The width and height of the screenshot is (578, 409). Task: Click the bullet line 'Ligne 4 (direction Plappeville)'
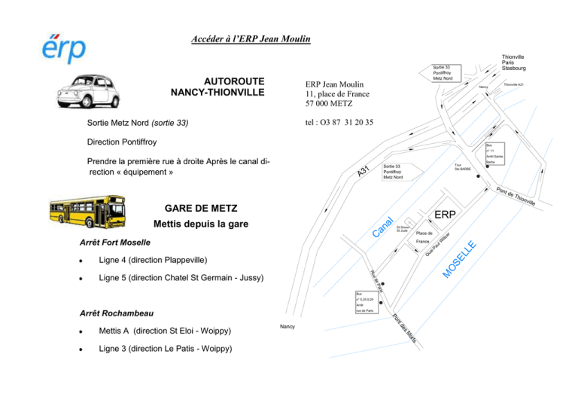coord(153,260)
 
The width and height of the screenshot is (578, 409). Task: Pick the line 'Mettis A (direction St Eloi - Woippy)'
coord(165,331)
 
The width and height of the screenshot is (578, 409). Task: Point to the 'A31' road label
coord(364,172)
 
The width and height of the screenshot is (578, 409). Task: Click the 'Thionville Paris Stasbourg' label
coord(513,62)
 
